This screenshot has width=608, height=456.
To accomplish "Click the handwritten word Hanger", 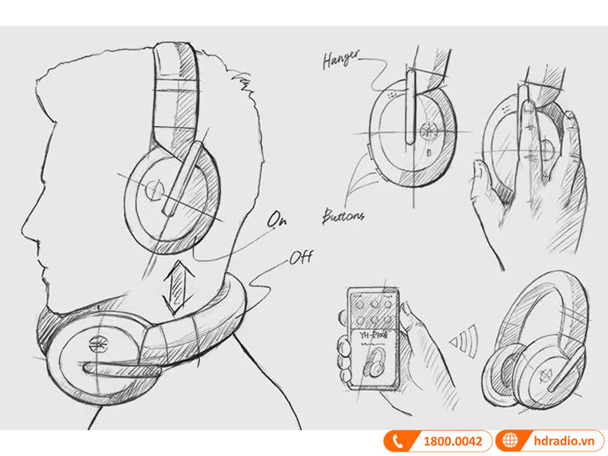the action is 341,59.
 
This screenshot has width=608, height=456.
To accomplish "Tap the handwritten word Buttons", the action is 344,217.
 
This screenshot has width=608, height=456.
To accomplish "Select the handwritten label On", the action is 277,220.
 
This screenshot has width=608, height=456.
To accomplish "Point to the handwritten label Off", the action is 301,258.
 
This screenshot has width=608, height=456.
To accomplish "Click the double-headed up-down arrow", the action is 179,287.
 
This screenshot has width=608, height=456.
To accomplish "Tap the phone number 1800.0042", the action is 452,442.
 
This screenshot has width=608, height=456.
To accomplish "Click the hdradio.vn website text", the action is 564,442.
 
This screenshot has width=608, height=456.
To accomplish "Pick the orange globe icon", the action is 510,441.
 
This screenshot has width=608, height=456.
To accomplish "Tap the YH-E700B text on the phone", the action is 374,335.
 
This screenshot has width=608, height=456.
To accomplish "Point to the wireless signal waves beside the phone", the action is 464,340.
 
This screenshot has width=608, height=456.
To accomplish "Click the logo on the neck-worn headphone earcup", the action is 98,344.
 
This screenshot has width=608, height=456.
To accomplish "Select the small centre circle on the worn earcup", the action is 154,190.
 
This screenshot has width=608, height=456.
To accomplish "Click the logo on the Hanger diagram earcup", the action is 428,131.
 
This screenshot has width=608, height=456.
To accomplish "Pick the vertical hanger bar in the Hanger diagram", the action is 410,106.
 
